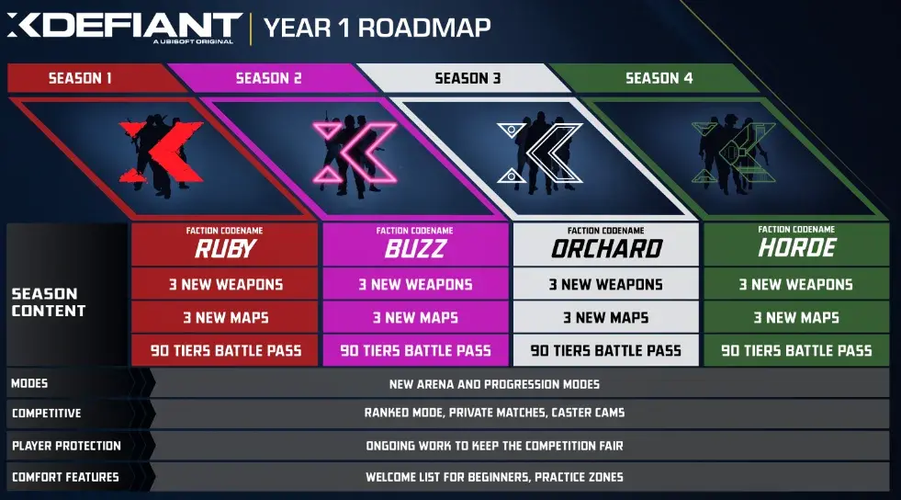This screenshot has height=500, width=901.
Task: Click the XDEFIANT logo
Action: point(124,26)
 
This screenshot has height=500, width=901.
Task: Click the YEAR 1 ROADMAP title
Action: point(377,27)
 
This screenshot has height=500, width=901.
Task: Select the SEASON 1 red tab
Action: point(81,78)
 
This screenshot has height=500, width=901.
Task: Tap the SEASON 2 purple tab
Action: point(268,78)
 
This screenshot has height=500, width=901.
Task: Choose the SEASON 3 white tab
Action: point(467,78)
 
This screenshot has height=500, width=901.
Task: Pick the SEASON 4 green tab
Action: point(659,78)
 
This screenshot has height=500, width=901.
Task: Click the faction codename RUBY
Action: point(226,248)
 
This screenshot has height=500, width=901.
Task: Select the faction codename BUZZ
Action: point(415,248)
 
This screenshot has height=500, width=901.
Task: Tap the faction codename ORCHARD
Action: point(605,248)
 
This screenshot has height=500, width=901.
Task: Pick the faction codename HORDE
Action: point(796,248)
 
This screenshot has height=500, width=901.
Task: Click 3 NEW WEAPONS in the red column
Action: point(226,285)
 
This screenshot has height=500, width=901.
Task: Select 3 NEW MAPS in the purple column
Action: point(415,318)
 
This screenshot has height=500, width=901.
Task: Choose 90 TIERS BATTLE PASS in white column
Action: point(605,350)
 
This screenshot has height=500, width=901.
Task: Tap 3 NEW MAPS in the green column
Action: point(796,318)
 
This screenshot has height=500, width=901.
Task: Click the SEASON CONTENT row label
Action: point(49,302)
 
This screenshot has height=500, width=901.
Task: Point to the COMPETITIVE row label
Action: point(47,414)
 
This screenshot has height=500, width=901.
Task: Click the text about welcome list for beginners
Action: point(494,478)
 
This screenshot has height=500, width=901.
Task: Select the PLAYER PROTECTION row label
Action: point(66,446)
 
